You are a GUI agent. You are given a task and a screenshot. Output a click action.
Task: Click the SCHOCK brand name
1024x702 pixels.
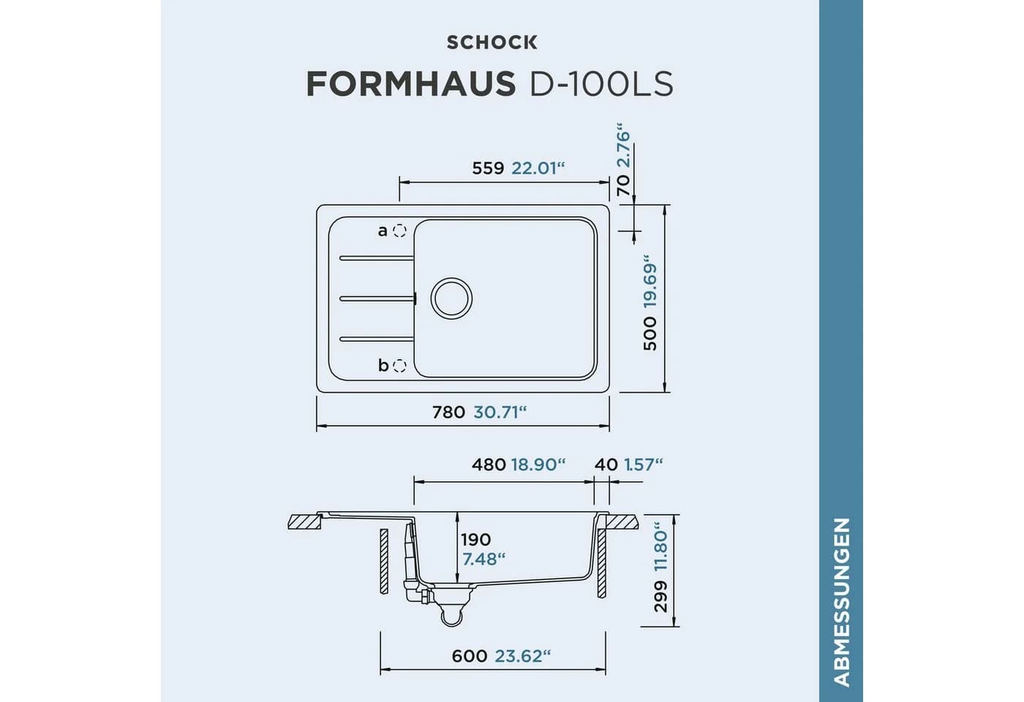(x=492, y=42)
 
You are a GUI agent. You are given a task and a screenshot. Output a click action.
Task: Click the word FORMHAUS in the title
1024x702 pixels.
(x=411, y=83)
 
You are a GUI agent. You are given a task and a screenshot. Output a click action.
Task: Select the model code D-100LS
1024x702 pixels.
(x=601, y=83)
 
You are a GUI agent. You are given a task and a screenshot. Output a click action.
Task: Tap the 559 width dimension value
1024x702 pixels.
(x=488, y=168)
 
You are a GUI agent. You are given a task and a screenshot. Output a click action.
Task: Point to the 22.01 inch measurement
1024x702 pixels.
(x=538, y=168)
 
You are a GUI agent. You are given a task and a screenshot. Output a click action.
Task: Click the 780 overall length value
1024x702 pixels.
(x=448, y=412)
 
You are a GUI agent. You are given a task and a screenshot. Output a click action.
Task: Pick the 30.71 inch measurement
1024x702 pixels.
(x=500, y=412)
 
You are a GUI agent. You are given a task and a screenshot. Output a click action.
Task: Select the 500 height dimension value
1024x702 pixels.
(x=650, y=333)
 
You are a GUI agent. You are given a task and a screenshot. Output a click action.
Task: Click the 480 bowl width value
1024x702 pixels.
(x=489, y=465)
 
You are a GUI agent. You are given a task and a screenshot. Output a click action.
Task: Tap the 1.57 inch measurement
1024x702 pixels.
(x=643, y=465)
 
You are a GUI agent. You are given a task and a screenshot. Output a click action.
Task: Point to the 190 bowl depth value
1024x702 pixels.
(x=476, y=540)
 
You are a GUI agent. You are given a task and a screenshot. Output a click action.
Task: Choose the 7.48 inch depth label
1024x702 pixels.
(x=483, y=559)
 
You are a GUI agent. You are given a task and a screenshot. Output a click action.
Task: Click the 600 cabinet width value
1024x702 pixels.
(x=470, y=657)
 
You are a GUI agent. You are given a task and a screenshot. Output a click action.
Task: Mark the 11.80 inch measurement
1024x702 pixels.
(x=661, y=547)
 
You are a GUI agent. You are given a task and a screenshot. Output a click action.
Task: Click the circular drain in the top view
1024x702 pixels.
(x=452, y=298)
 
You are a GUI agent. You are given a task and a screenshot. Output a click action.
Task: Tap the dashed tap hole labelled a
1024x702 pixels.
(x=399, y=231)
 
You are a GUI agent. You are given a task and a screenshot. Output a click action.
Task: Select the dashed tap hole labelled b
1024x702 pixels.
(x=399, y=366)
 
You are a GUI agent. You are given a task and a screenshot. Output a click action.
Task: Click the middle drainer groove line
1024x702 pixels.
(x=378, y=298)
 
